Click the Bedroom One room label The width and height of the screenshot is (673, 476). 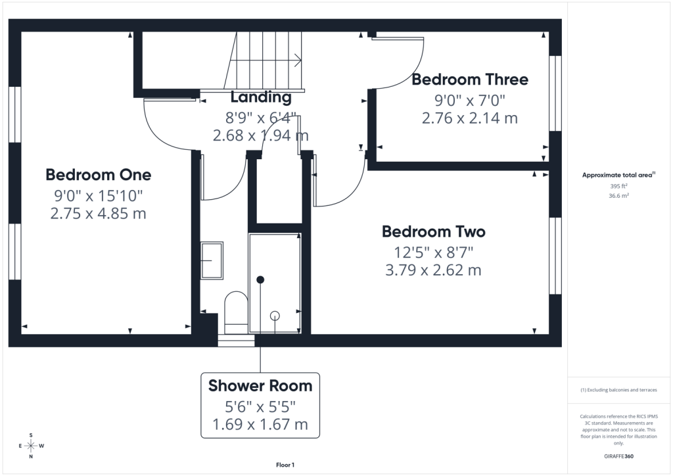click(99, 175)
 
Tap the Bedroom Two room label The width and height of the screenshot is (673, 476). click(434, 232)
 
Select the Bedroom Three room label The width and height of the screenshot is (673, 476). click(470, 80)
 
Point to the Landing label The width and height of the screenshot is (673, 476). click(261, 97)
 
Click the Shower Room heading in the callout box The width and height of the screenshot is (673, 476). click(260, 386)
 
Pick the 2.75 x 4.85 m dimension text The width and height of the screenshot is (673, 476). click(99, 213)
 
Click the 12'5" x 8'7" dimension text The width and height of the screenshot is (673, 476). click(434, 252)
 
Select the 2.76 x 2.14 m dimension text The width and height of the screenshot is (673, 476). click(470, 118)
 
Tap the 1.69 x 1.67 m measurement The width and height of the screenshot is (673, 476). click(260, 425)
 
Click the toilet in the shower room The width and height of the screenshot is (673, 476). click(236, 312)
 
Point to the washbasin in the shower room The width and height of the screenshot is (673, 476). click(212, 260)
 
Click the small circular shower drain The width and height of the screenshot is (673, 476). click(275, 316)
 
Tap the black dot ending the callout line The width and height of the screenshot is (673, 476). click(260, 280)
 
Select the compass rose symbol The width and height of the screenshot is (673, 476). click(31, 446)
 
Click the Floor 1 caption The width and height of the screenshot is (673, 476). click(285, 465)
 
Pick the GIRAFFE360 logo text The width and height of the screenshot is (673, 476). click(618, 456)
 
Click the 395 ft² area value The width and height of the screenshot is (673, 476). click(618, 186)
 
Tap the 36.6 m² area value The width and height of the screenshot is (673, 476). click(618, 196)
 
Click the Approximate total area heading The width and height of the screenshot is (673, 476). click(618, 175)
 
